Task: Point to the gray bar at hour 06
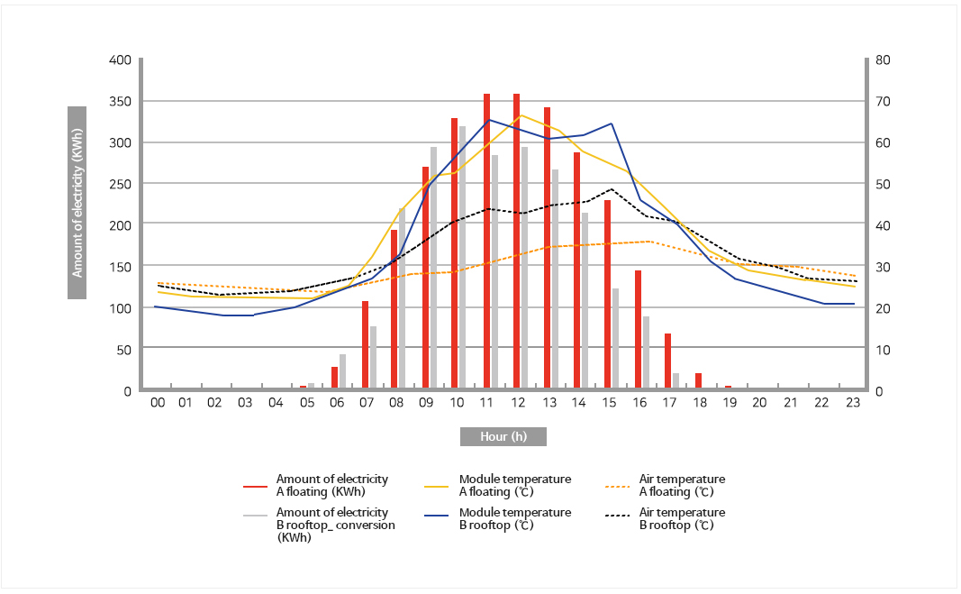point(342,371)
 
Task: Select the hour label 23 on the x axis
point(852,403)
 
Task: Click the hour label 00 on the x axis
point(157,403)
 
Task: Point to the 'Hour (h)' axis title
point(503,436)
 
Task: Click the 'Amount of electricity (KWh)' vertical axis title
point(77,203)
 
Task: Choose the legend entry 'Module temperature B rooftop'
point(514,518)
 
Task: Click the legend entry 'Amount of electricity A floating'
point(331,485)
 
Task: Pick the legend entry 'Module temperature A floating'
point(514,485)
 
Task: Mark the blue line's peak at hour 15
point(612,123)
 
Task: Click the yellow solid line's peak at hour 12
point(520,114)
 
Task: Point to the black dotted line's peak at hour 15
point(612,189)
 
